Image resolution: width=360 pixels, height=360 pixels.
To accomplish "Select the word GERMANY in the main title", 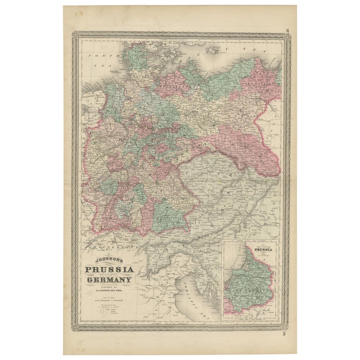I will pyautogui.click(x=109, y=280).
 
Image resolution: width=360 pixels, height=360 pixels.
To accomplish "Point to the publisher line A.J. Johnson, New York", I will pyautogui.click(x=108, y=291).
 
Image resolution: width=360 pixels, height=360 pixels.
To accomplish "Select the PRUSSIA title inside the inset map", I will pyautogui.click(x=261, y=249).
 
